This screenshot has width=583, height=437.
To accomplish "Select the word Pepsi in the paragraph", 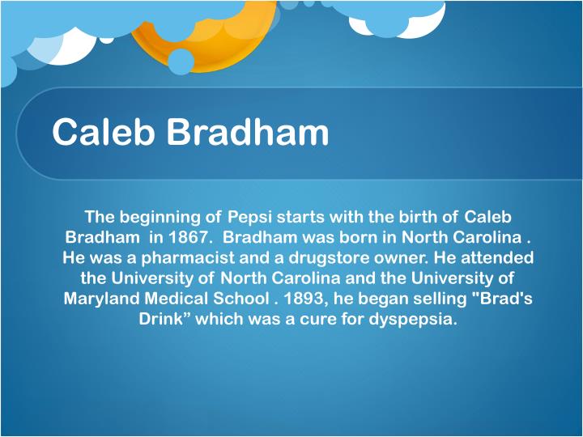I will point(250,217).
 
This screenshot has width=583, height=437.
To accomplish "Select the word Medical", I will point(183,298).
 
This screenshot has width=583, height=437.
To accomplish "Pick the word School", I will point(245,298).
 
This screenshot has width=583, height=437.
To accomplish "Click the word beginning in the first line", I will point(159,217).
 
